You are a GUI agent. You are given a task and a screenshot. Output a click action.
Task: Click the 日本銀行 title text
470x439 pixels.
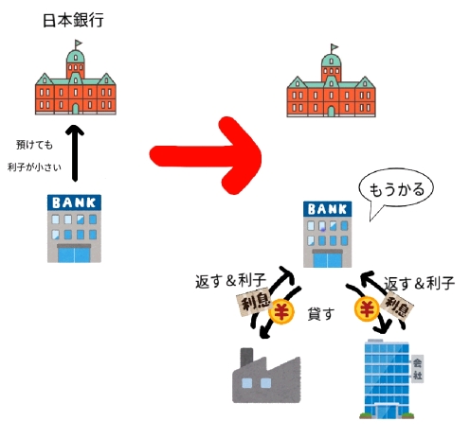(73, 21)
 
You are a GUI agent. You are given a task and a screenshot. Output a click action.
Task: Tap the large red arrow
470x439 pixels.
(206, 155)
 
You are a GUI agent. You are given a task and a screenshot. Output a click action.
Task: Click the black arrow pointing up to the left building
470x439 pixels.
(75, 153)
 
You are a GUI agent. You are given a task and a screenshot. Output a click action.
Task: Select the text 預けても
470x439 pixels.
(34, 145)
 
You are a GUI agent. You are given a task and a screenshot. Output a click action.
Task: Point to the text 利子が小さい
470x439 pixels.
(34, 167)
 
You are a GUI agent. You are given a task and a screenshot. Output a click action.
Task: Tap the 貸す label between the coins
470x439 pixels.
(321, 314)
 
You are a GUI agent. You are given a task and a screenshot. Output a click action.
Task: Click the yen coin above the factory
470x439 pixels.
(280, 311)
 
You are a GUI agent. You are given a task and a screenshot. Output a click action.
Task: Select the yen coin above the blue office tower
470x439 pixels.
(367, 308)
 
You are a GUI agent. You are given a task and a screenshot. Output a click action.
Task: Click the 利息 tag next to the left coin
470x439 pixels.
(255, 301)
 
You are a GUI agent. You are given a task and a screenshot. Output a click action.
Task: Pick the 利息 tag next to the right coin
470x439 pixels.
(397, 305)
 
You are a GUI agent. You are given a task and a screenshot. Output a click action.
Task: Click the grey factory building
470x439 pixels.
(266, 376)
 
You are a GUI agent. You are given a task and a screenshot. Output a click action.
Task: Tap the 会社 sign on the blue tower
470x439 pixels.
(417, 369)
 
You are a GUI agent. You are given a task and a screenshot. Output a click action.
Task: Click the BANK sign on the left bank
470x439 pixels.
(74, 202)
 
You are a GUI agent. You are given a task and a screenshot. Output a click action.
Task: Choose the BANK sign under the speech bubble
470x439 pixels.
(328, 209)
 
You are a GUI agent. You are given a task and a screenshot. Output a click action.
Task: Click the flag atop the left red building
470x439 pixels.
(78, 44)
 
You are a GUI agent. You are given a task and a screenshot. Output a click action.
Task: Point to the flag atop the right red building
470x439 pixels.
(334, 48)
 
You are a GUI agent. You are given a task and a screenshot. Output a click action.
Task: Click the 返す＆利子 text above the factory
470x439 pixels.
(231, 281)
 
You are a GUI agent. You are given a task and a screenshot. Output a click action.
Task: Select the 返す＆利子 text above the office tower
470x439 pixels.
(419, 283)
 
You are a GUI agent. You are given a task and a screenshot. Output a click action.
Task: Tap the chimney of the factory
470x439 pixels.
(246, 357)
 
